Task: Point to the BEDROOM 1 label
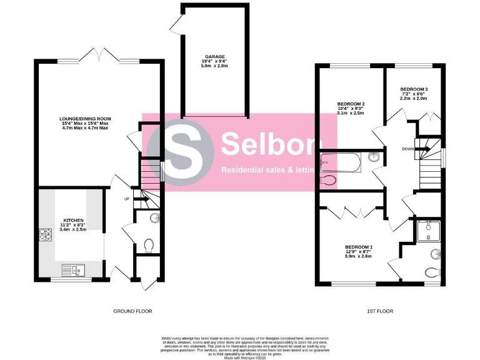click(x=359, y=247)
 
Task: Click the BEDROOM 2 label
click(x=351, y=104)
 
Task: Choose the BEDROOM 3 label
click(x=414, y=89)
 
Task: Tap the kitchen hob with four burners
click(x=46, y=235)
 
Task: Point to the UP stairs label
click(x=127, y=200)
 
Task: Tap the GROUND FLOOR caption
click(x=132, y=311)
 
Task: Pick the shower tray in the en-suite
click(x=429, y=231)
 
